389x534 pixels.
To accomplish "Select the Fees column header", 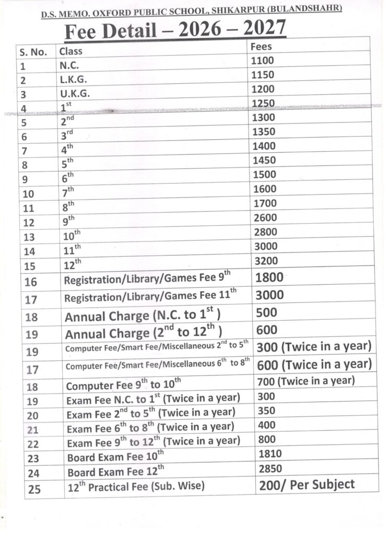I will point(261,46).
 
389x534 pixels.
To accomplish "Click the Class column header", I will point(70,52).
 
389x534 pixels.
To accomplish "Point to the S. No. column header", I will point(34,52).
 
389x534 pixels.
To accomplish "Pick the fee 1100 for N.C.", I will point(262,60).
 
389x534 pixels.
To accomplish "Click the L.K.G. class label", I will point(74,80).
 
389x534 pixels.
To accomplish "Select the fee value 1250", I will point(263,103).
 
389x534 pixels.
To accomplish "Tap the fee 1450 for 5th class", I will point(264,160).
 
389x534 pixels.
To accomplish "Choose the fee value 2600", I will point(265,217).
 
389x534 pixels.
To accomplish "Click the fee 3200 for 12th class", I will point(265,261).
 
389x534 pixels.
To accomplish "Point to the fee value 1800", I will point(269,278).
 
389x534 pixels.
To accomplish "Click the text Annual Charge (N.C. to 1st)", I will point(142,316).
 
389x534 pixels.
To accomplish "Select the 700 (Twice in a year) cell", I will point(306,381).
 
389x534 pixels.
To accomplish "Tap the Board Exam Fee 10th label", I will point(115,457).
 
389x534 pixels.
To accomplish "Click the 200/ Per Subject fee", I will point(307,484).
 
